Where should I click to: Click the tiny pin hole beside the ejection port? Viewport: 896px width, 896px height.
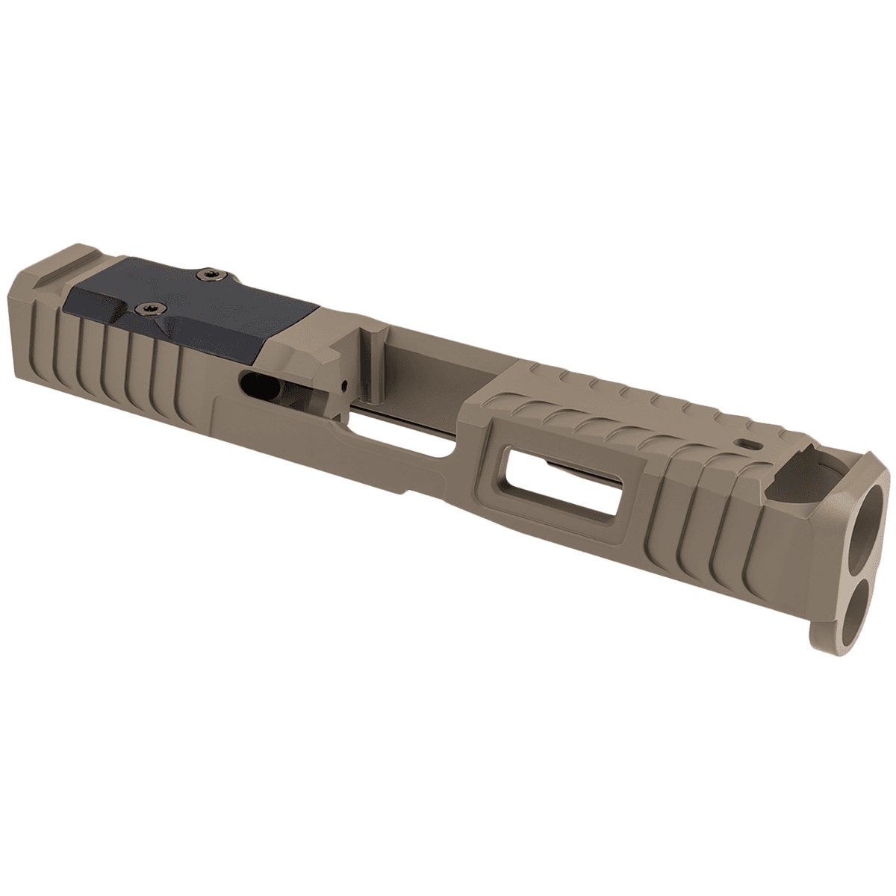pyautogui.click(x=344, y=385)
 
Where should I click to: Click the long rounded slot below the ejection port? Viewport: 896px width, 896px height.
pyautogui.click(x=396, y=441)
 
